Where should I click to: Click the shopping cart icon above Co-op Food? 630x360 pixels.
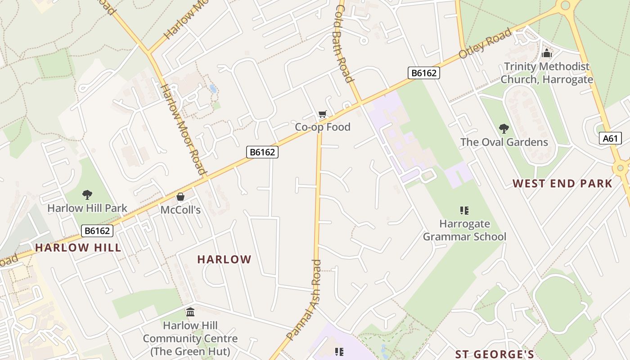[x=322, y=114]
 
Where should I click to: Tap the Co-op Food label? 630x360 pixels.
[x=322, y=127]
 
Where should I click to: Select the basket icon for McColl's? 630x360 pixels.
[x=180, y=197]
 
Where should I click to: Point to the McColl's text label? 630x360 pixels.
[x=180, y=210]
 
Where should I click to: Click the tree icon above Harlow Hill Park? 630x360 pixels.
[x=87, y=195]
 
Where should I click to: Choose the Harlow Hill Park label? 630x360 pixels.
[x=87, y=208]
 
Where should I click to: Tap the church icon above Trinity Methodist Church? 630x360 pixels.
[x=547, y=53]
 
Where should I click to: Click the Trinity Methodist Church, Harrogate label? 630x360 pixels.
[x=547, y=73]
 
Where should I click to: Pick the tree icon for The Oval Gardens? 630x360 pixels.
[x=504, y=129]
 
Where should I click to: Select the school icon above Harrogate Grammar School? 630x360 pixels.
[x=464, y=210]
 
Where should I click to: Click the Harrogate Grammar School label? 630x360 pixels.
[x=464, y=230]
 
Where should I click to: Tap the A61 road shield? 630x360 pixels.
[x=610, y=138]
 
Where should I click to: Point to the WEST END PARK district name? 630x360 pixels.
[x=562, y=184]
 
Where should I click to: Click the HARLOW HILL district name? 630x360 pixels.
[x=78, y=247]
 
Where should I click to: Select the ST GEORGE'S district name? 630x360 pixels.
[x=495, y=354]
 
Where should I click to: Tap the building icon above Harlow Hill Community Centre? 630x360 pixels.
[x=190, y=312]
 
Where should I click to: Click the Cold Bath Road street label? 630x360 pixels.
[x=343, y=44]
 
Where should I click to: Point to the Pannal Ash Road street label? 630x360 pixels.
[x=305, y=301]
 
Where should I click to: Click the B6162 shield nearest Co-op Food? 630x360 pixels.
[x=262, y=152]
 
